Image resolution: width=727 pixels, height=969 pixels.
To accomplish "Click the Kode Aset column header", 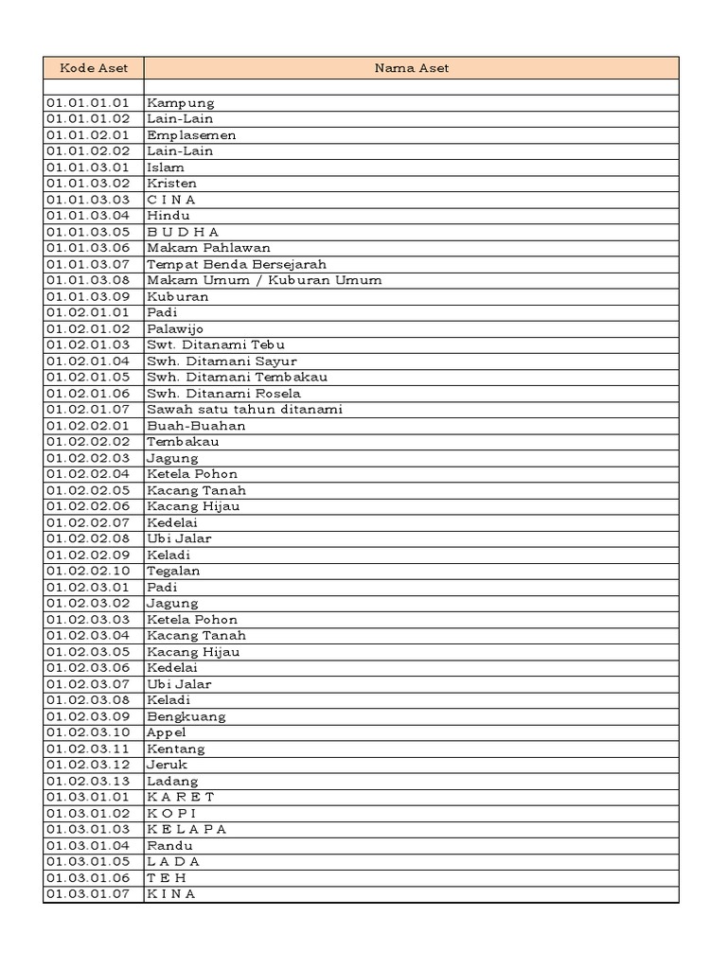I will click(93, 68).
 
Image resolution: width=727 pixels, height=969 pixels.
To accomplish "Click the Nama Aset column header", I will click(411, 68).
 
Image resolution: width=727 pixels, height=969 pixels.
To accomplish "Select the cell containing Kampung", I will click(181, 103).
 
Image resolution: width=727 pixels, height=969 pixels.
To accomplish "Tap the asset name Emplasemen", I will click(191, 135).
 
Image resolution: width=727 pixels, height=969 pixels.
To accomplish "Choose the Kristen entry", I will click(171, 184).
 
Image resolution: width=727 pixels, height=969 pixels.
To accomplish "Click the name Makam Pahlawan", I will click(208, 248).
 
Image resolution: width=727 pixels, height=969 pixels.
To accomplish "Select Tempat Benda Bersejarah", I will click(236, 264).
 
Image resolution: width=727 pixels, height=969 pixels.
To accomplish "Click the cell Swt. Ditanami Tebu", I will click(216, 345).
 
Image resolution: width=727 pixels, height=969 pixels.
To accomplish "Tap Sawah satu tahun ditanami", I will click(244, 410).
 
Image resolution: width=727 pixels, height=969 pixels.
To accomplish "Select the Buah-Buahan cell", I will click(196, 426).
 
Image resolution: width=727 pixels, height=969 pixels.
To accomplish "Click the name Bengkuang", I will click(186, 716).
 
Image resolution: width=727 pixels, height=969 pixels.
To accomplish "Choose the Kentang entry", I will click(175, 749).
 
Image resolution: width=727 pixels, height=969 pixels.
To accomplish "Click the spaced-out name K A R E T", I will click(181, 797).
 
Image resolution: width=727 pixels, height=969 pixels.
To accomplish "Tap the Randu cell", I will click(169, 846).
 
